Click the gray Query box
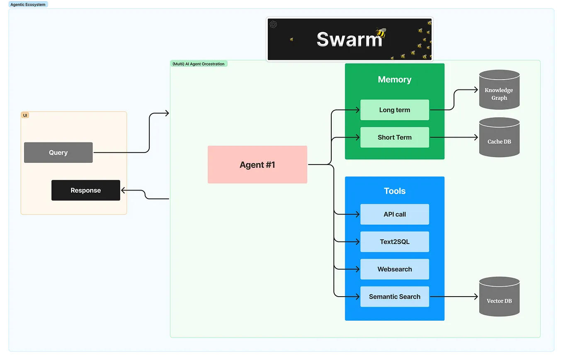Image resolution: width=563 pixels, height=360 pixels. (58, 152)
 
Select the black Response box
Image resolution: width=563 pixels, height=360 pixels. (85, 190)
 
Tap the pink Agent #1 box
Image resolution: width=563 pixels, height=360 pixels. (257, 164)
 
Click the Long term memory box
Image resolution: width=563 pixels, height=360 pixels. (394, 110)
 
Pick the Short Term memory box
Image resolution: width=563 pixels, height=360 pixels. (394, 137)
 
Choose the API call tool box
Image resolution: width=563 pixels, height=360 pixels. (394, 214)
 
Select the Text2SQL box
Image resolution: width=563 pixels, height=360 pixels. (394, 242)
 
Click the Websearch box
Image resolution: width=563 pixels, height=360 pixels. (394, 269)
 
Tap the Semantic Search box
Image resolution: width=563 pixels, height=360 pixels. (394, 297)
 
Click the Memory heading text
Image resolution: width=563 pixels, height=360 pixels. (394, 80)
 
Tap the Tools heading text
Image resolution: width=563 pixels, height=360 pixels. (394, 191)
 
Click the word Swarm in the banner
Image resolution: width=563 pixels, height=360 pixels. (349, 39)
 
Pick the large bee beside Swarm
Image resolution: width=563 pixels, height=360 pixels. (381, 33)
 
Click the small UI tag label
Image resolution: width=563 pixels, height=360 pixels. (25, 115)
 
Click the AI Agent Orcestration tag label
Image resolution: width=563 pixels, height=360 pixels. (199, 64)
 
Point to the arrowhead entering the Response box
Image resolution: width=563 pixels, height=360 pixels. (123, 190)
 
